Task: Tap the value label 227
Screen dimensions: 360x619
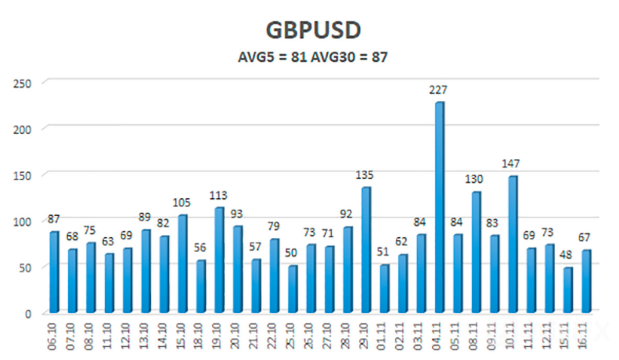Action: [439, 90]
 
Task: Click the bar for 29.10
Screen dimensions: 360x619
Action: [365, 250]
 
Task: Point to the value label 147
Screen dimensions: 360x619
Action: [512, 164]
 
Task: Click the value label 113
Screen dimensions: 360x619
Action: [219, 195]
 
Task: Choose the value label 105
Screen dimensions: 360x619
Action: [182, 203]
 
